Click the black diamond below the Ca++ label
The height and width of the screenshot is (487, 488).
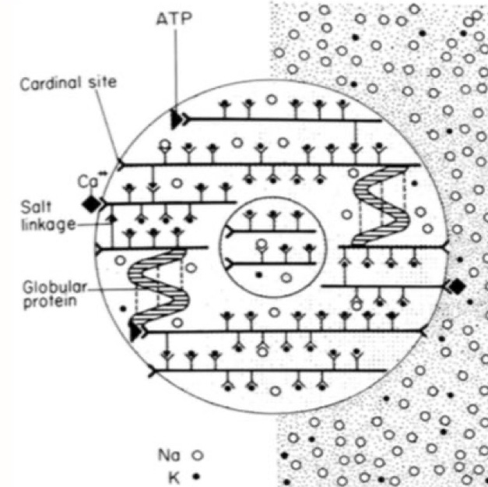coord(92,203)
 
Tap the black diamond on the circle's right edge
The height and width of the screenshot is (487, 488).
coord(457,287)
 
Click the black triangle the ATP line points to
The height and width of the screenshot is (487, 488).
coord(176,118)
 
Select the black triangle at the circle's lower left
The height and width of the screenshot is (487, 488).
coord(137,333)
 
